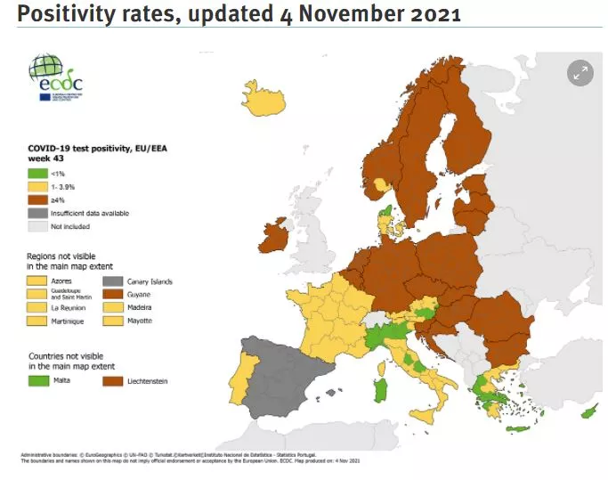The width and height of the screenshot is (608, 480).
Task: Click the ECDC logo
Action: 56,77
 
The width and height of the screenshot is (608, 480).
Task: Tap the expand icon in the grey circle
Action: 580,74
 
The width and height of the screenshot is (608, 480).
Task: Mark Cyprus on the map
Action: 588,414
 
